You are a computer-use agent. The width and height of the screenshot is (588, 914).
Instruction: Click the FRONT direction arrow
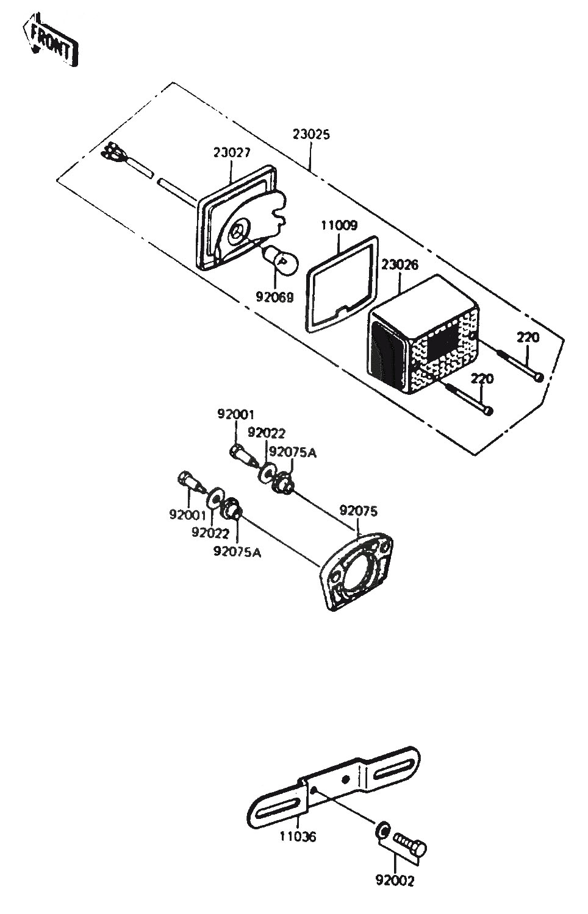pyautogui.click(x=51, y=40)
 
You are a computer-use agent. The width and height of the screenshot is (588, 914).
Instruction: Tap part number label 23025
pyautogui.click(x=311, y=134)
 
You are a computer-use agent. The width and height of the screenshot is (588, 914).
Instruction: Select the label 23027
pyautogui.click(x=232, y=152)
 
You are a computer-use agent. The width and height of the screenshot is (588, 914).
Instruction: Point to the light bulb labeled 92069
pyautogui.click(x=281, y=260)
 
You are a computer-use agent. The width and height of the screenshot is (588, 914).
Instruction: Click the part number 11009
pyautogui.click(x=339, y=225)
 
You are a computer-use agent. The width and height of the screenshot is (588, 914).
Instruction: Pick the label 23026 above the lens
pyautogui.click(x=400, y=265)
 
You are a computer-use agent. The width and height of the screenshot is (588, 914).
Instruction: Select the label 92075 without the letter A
pyautogui.click(x=359, y=511)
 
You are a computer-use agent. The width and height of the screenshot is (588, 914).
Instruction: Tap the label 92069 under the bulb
pyautogui.click(x=275, y=297)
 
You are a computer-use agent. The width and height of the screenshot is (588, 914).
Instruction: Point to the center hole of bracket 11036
pyautogui.click(x=346, y=779)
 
